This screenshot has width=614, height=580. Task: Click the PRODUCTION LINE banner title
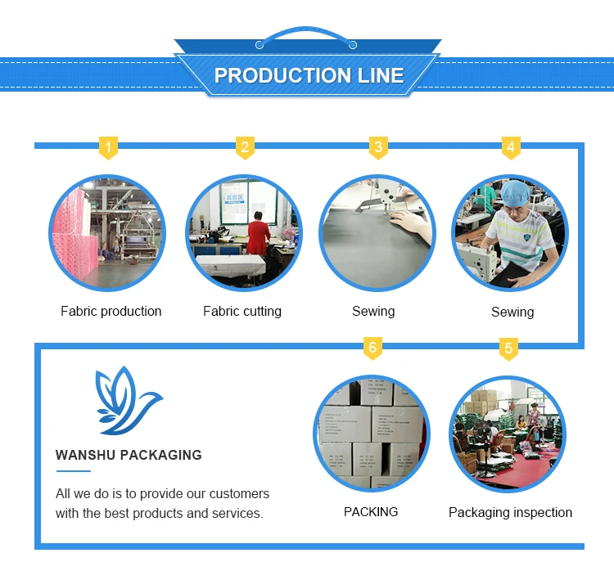tap(309, 75)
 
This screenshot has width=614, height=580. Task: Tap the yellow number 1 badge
tap(108, 148)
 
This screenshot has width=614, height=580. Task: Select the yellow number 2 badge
tap(244, 148)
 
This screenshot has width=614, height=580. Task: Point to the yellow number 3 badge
tap(377, 148)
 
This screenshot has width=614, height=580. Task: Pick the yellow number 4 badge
tap(511, 148)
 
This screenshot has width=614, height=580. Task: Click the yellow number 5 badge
tap(508, 348)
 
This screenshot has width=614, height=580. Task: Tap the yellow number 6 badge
tap(372, 348)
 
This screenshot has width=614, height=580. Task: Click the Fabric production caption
tap(111, 312)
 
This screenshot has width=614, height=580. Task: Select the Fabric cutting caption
tap(242, 312)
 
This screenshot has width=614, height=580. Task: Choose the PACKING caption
tap(371, 512)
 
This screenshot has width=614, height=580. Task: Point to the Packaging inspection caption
tap(510, 513)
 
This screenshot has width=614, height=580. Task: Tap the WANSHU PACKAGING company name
tap(129, 455)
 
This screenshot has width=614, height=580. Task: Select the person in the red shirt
tap(259, 233)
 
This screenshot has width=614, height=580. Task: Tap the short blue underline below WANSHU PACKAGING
tap(73, 471)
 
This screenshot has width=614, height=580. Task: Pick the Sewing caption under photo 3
tap(373, 312)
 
